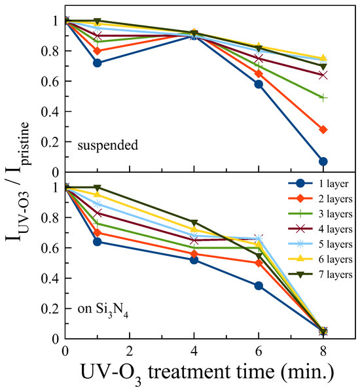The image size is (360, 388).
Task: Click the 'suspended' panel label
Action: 107,145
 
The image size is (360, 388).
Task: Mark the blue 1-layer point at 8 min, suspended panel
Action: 323,161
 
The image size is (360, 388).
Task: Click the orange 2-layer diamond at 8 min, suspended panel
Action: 323,130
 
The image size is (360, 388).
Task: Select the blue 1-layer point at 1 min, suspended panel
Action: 98,63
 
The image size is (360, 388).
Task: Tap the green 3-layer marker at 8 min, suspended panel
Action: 323,97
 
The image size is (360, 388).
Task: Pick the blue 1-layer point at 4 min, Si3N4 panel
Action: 194,260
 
